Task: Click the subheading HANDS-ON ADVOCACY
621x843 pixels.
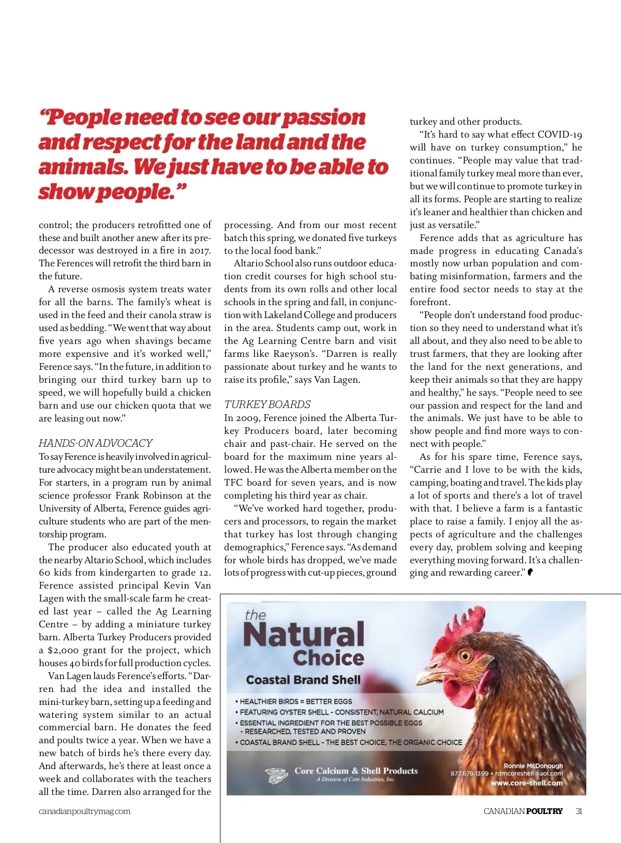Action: tap(96, 443)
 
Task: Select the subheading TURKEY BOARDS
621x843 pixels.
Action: tap(268, 404)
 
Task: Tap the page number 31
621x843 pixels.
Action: tap(579, 811)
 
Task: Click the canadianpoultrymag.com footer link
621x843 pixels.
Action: tap(84, 811)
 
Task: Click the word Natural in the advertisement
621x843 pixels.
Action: tap(304, 635)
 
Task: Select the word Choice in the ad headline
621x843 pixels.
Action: tap(329, 658)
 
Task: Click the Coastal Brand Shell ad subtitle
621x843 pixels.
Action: tap(303, 680)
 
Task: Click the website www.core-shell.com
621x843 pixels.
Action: tap(526, 783)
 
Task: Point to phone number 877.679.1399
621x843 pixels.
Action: tap(469, 774)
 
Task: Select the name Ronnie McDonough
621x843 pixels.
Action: tap(533, 766)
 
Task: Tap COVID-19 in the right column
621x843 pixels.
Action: tap(560, 135)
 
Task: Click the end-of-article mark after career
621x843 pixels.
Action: tap(530, 572)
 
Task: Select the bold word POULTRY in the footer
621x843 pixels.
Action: tap(544, 811)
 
